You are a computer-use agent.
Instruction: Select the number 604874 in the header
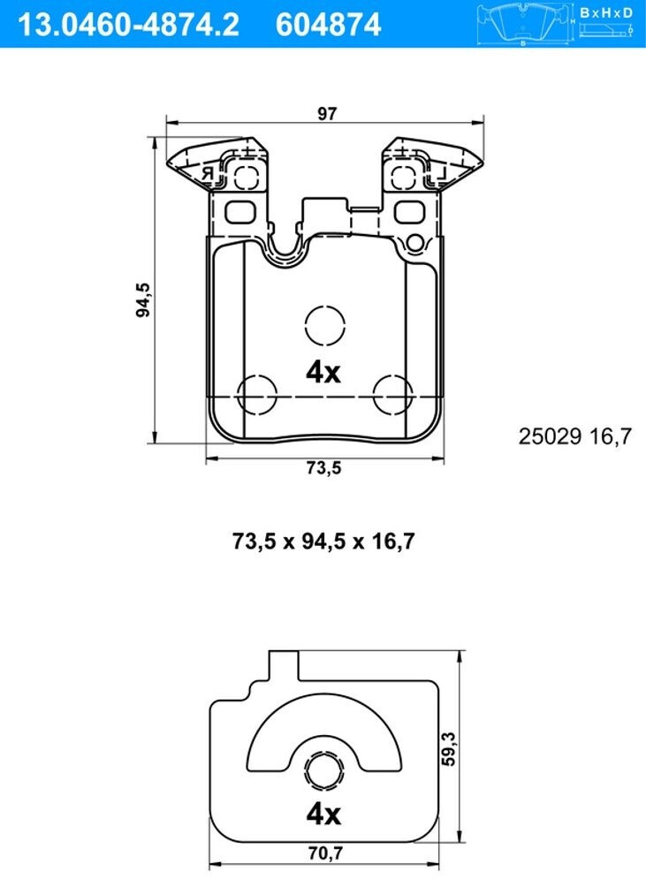[x=328, y=24]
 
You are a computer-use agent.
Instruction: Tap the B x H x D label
[x=607, y=12]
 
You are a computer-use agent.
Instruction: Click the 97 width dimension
[x=328, y=113]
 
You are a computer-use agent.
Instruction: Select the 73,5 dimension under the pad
[x=323, y=469]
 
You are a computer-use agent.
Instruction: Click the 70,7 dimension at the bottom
[x=324, y=854]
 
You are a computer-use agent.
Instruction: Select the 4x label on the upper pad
[x=323, y=373]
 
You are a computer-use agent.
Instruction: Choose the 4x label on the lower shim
[x=323, y=813]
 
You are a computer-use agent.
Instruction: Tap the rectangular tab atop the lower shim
[x=283, y=665]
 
